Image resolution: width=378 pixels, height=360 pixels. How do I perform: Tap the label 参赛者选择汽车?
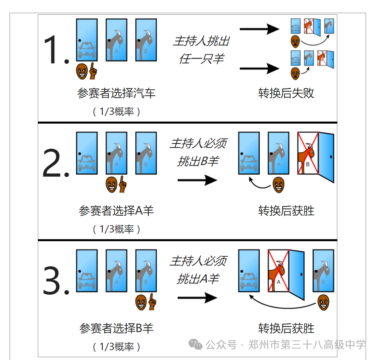point(116,93)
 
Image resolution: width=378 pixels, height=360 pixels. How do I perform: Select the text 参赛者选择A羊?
point(116,210)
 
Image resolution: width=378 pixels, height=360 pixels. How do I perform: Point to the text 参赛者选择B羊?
point(116,329)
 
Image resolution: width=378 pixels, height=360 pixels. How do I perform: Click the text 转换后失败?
point(286,93)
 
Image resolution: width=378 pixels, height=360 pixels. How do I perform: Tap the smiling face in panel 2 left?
point(112,184)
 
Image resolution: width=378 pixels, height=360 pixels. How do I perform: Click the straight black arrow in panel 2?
point(197,180)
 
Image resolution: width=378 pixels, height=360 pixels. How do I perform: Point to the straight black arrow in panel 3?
point(197,298)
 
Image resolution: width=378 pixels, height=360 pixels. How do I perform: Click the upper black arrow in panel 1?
point(259,29)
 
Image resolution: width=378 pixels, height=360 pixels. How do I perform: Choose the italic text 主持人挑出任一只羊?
point(201,50)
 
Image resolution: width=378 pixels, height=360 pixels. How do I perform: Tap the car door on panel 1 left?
point(87,40)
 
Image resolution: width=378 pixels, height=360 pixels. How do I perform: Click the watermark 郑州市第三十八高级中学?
point(307,344)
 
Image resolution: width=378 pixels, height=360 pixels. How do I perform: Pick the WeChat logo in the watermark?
point(196,344)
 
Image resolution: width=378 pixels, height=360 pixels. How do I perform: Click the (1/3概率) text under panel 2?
point(116,229)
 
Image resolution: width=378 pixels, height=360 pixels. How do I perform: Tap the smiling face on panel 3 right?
point(323,303)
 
